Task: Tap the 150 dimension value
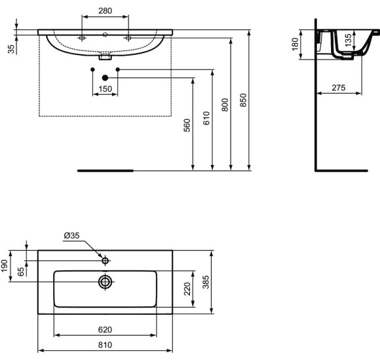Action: (x=105, y=90)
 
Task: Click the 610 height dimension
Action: (x=206, y=118)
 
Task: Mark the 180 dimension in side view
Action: (x=295, y=45)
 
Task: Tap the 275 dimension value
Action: (x=339, y=87)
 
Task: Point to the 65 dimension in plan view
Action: (x=20, y=271)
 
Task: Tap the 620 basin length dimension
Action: (x=105, y=329)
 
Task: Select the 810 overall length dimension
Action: (x=105, y=345)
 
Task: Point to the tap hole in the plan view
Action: (x=105, y=261)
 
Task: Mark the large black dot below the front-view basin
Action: (x=105, y=78)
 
